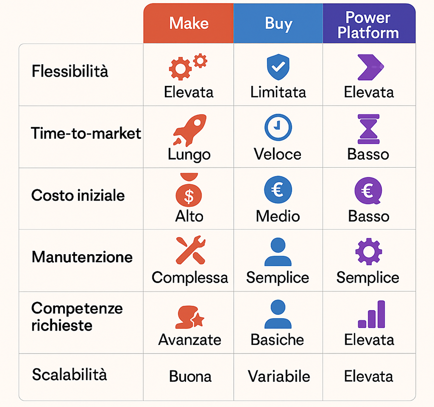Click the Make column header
pos(189,23)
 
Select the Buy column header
pos(278,23)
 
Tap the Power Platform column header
pos(368,25)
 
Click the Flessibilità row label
pos(70,71)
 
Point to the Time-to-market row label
pos(86,133)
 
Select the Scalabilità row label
pos(69,375)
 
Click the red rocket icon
pos(190,129)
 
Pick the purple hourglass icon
pos(368,129)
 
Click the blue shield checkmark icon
pos(278,68)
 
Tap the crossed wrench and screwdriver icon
pos(189,251)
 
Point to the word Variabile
pos(279,376)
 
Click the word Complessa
pos(190,277)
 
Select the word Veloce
pos(278,154)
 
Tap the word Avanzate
pos(190,339)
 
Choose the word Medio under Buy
pos(278,216)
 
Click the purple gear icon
pos(368,251)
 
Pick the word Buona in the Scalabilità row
pos(190,376)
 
